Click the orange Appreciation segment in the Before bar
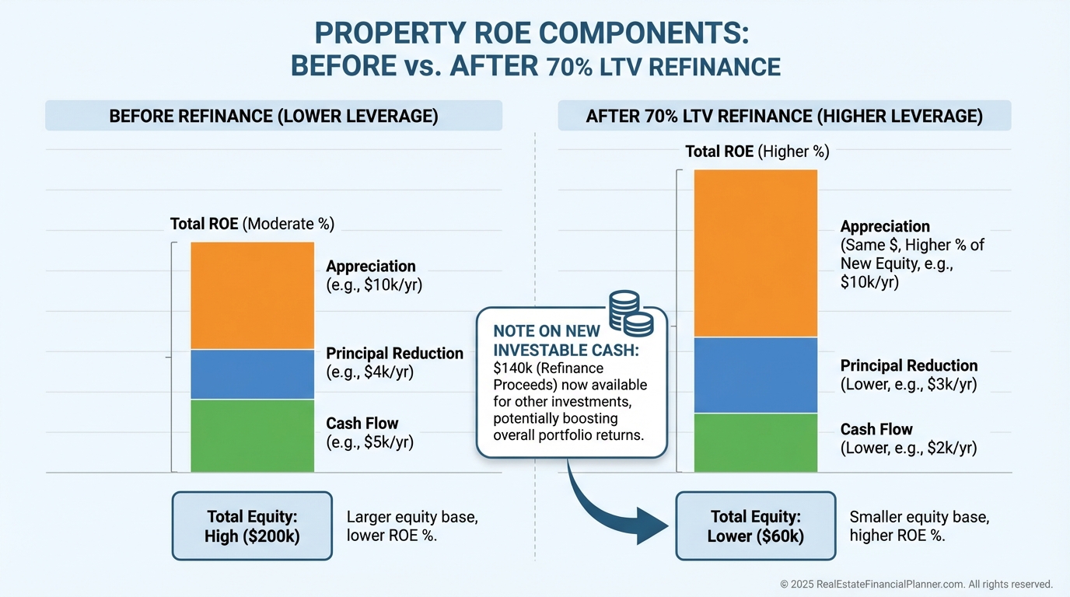click(252, 295)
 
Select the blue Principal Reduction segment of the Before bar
click(252, 375)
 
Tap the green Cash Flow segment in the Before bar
click(252, 435)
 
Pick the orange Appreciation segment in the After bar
click(755, 253)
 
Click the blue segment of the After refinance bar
click(755, 375)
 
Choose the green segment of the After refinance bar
click(755, 442)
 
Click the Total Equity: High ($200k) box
click(252, 525)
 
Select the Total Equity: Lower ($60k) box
click(755, 525)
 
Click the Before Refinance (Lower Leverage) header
click(274, 117)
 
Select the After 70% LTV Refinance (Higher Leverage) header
click(784, 117)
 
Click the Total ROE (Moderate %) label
click(252, 225)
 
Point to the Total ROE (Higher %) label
click(757, 152)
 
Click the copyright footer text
click(916, 584)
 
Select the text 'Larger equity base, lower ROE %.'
click(391, 525)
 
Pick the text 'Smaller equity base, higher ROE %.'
click(919, 525)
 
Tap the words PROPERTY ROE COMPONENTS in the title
click(530, 35)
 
